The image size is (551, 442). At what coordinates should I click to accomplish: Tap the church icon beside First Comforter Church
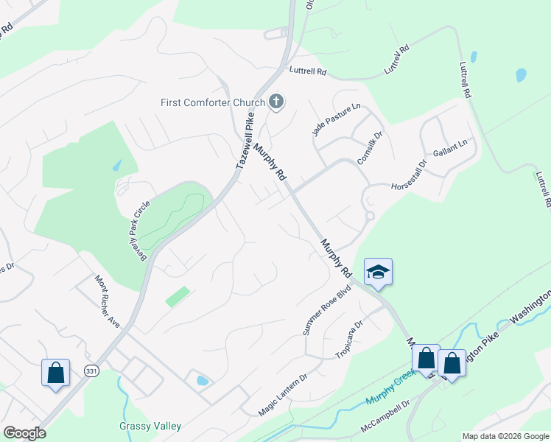pyautogui.click(x=276, y=101)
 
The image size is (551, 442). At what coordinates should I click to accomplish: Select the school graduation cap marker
pyautogui.click(x=379, y=272)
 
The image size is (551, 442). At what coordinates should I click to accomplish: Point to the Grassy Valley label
pyautogui.click(x=150, y=427)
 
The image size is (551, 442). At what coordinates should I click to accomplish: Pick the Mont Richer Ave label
pyautogui.click(x=107, y=302)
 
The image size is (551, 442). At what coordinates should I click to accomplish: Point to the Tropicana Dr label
pyautogui.click(x=350, y=339)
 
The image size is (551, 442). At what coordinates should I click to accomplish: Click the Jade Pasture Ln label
pyautogui.click(x=337, y=119)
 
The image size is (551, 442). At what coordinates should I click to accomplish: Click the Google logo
pyautogui.click(x=24, y=433)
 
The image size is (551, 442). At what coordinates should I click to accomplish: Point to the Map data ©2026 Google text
pyautogui.click(x=505, y=436)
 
